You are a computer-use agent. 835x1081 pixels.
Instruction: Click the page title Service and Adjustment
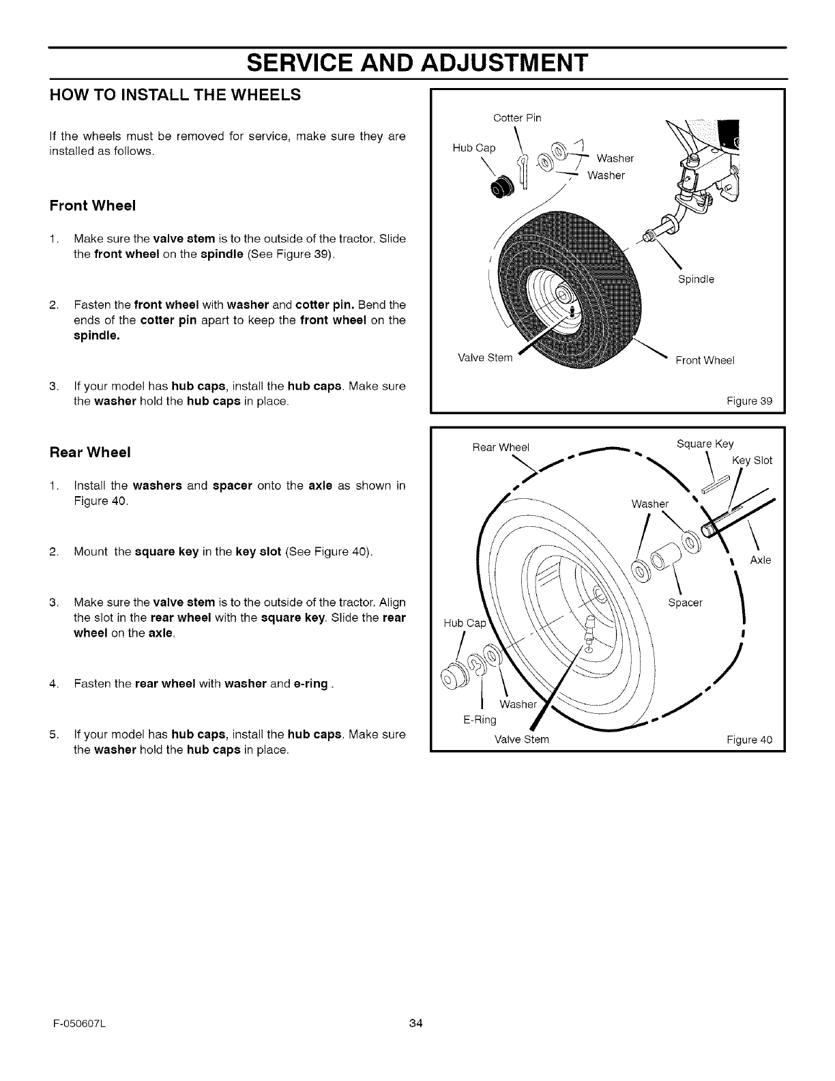pyautogui.click(x=417, y=62)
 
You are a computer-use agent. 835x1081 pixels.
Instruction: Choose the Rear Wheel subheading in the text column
pyautogui.click(x=90, y=452)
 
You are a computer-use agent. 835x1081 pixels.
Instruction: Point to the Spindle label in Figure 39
pyautogui.click(x=696, y=279)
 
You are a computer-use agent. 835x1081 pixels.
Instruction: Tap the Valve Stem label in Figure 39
pyautogui.click(x=484, y=358)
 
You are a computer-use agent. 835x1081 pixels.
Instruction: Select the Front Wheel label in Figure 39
pyautogui.click(x=705, y=361)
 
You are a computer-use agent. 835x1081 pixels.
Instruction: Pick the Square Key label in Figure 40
pyautogui.click(x=705, y=444)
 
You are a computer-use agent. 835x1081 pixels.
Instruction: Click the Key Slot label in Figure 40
pyautogui.click(x=752, y=461)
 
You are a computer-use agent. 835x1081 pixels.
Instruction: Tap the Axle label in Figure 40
pyautogui.click(x=760, y=560)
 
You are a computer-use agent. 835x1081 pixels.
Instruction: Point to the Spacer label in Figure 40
pyautogui.click(x=686, y=603)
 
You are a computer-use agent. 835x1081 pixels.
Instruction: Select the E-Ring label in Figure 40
pyautogui.click(x=478, y=720)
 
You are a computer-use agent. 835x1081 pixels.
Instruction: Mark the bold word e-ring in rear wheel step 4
pyautogui.click(x=311, y=683)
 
